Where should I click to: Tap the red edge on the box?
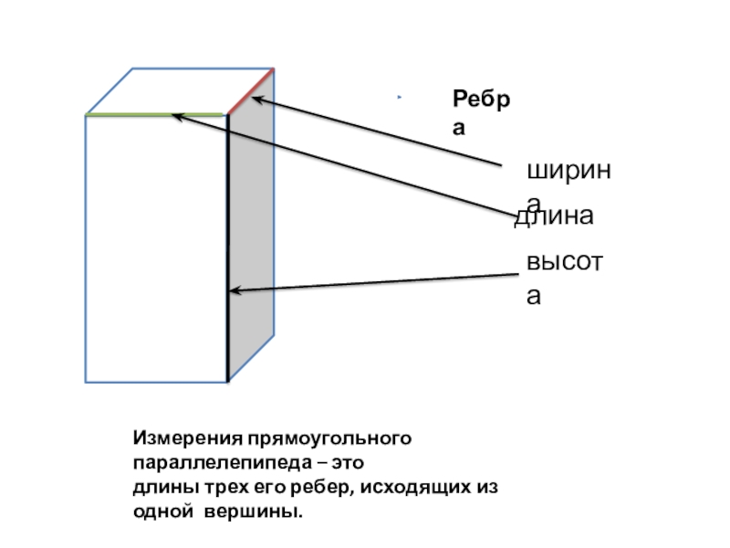(x=249, y=91)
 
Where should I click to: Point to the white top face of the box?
(x=179, y=91)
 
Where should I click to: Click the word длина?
(x=555, y=217)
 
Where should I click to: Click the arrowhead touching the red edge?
(x=259, y=101)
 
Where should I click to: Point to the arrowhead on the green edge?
(x=179, y=116)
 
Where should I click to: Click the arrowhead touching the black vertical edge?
(x=234, y=290)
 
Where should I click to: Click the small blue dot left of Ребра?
(x=399, y=98)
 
